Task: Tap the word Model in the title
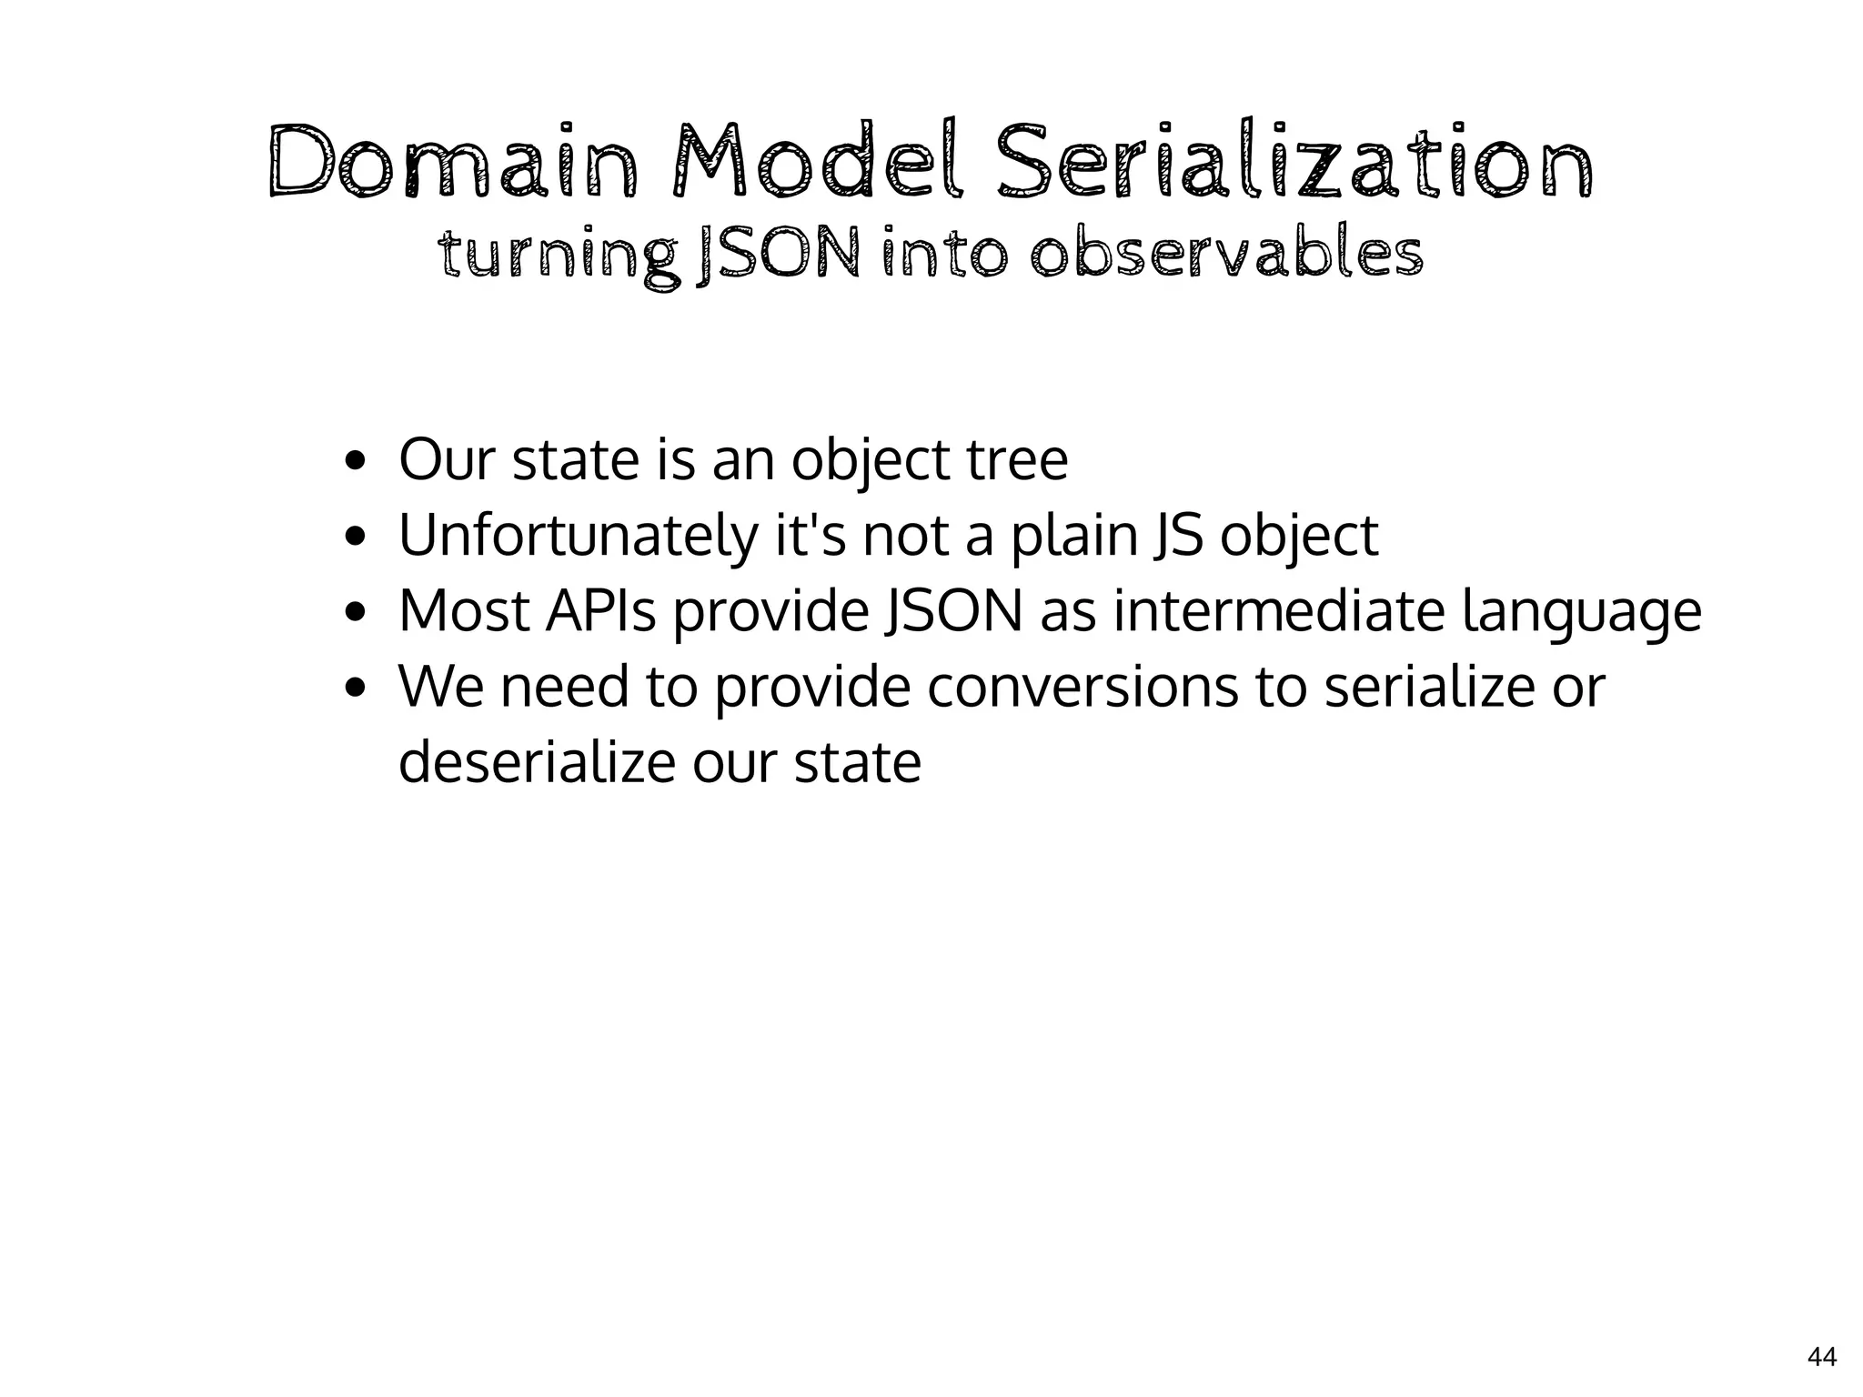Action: (x=813, y=162)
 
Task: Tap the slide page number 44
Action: (x=1821, y=1357)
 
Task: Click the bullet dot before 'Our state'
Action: (x=356, y=461)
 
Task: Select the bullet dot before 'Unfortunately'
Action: (x=356, y=537)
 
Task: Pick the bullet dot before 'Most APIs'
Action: (x=356, y=612)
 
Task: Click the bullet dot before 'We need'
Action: (x=356, y=688)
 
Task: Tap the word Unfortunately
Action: (x=578, y=537)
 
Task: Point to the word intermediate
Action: (x=1279, y=611)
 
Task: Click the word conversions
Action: (x=1083, y=687)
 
